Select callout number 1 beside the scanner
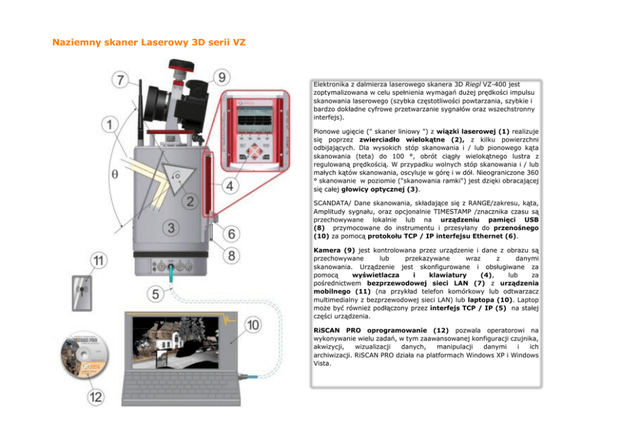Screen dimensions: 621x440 [110, 125]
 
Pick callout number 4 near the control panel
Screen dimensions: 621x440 [231, 186]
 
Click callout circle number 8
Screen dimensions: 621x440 [231, 256]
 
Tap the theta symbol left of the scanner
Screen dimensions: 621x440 [114, 175]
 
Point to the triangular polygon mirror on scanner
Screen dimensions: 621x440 [179, 177]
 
